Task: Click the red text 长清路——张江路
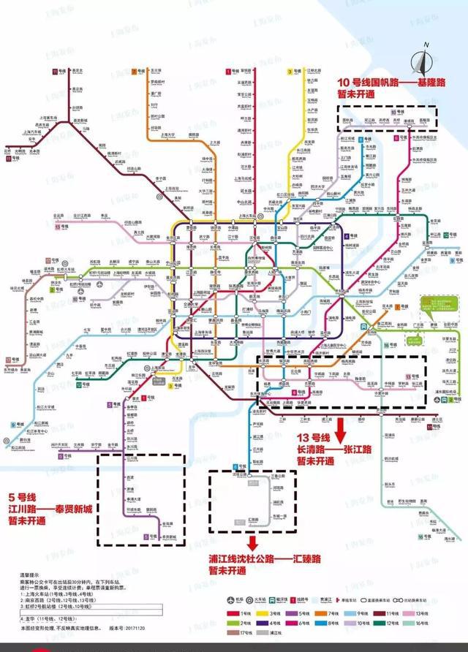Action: (331, 450)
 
